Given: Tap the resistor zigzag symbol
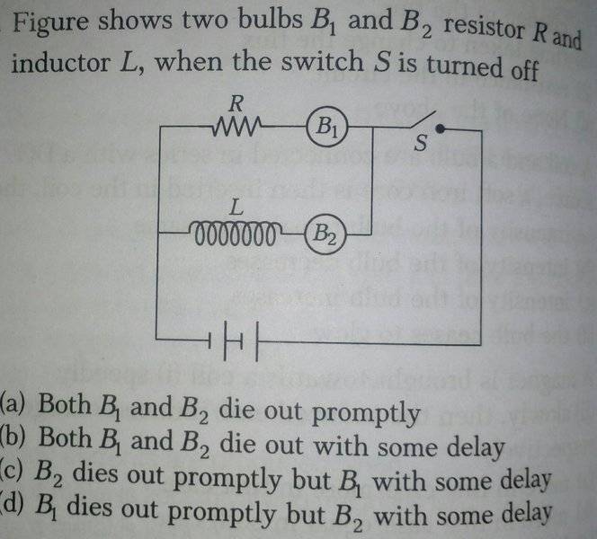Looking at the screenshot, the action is pyautogui.click(x=236, y=127).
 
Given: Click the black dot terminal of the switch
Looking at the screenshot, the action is pyautogui.click(x=440, y=129).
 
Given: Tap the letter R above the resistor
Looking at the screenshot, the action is pyautogui.click(x=236, y=103).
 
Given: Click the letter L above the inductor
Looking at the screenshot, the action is pyautogui.click(x=236, y=208).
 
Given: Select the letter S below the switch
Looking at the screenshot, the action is pyautogui.click(x=421, y=143).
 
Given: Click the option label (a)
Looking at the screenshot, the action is pyautogui.click(x=13, y=404).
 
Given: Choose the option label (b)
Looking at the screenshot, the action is pyautogui.click(x=13, y=437).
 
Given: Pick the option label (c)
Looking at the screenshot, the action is pyautogui.click(x=12, y=472).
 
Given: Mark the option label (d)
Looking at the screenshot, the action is pyautogui.click(x=13, y=506).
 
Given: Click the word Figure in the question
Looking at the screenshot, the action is pyautogui.click(x=50, y=22).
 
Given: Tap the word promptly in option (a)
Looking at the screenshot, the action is pyautogui.click(x=366, y=413).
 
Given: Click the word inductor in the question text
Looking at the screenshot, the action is pyautogui.click(x=60, y=63).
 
